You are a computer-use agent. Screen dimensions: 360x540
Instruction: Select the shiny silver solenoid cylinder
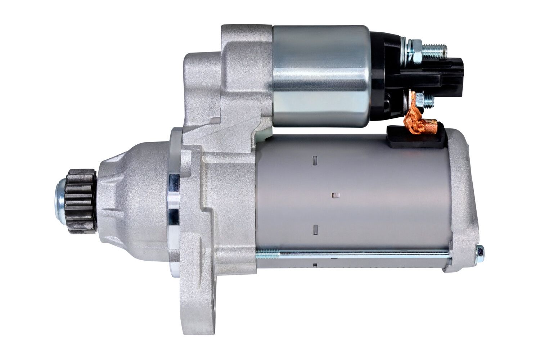tap(320, 76)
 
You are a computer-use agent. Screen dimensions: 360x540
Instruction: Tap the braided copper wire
tap(414, 117)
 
